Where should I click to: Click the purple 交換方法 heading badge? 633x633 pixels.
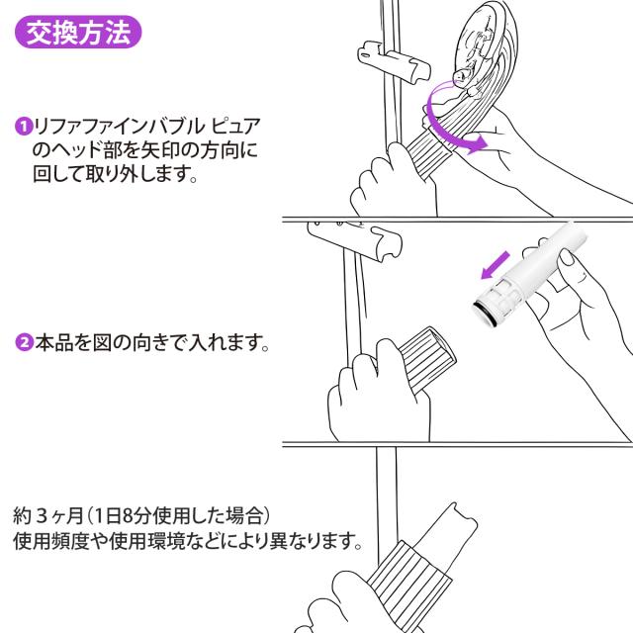point(78,32)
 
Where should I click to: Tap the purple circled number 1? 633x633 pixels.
point(23,127)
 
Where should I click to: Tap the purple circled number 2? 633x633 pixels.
point(24,343)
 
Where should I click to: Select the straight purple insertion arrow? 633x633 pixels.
point(496,265)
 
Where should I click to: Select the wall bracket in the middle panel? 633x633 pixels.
point(355,240)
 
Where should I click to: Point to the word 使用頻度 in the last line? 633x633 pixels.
point(50,541)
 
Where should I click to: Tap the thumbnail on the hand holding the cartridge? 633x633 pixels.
point(568,258)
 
